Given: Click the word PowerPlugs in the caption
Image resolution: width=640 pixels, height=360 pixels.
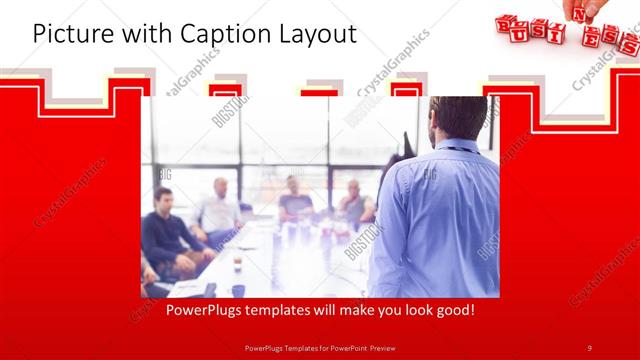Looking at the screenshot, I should [207, 311].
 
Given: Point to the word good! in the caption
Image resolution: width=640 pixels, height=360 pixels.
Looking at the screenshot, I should [451, 311].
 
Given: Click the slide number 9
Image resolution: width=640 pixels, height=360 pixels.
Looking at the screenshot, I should [589, 347].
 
